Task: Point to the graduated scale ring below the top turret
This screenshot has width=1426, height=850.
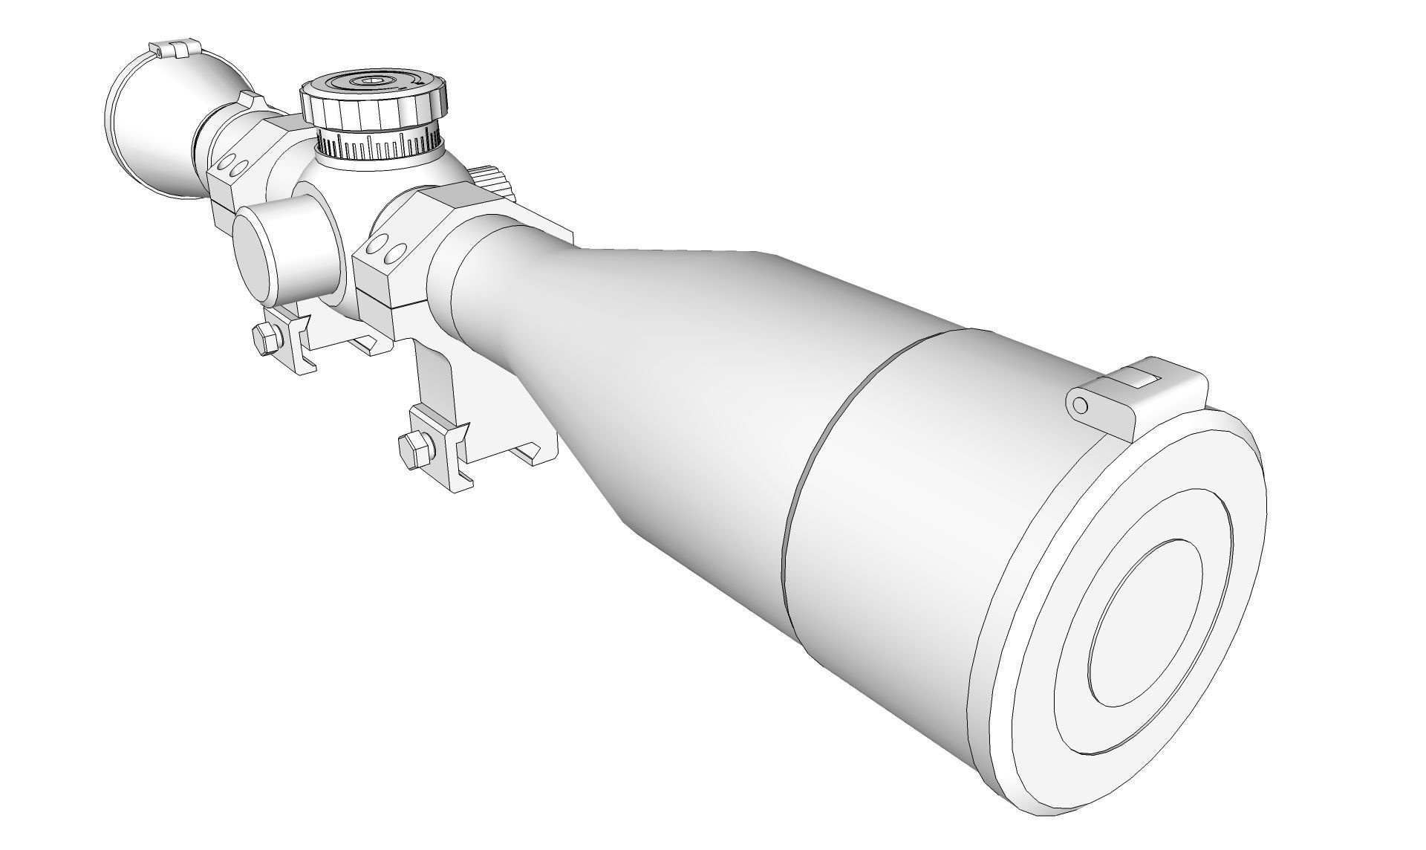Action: [x=379, y=145]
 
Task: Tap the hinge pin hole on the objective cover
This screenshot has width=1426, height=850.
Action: [x=1081, y=405]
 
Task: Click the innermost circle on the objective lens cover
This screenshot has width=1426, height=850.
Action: [x=1144, y=624]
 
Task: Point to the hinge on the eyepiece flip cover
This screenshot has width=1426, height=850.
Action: [x=175, y=50]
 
